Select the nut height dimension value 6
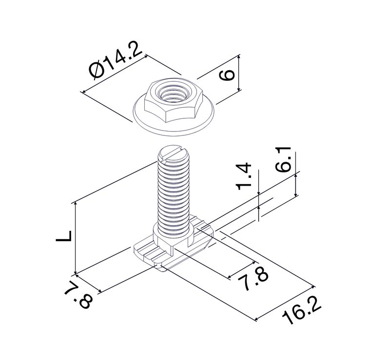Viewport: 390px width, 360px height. click(227, 75)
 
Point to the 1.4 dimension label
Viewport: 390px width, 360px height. click(243, 176)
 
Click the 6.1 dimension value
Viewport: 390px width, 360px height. click(283, 159)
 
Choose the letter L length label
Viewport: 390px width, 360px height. click(64, 236)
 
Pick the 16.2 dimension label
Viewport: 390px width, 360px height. click(301, 310)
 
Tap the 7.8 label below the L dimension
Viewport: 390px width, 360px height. click(79, 295)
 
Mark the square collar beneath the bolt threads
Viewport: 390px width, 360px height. click(174, 237)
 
